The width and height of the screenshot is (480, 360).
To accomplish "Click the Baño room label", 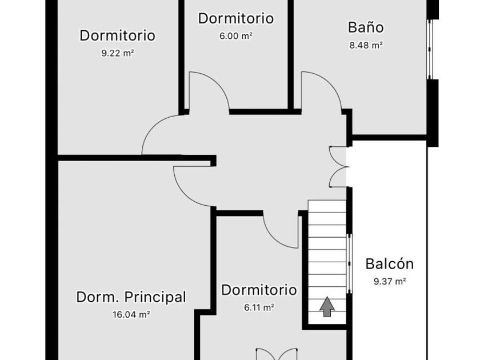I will coord(366,27).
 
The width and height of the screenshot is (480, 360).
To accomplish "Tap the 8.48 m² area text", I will coord(366,46).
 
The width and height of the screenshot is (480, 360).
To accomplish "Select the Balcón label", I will coord(389,264).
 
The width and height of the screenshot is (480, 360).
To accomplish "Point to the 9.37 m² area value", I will coord(390,281).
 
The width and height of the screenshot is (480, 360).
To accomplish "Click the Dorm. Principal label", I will coord(131,297).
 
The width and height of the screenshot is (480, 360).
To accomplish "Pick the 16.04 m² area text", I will coord(131,314).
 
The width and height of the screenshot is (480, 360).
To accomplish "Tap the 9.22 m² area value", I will coord(117,53).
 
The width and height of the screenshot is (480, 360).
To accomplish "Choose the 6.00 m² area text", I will coord(235,35).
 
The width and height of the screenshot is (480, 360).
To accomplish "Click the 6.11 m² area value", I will coord(259,307).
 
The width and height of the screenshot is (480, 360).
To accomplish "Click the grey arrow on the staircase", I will coord(327,307).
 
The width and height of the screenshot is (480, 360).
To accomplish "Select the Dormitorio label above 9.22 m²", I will coord(117,35).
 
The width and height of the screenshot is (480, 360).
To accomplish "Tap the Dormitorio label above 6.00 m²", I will coord(235,18).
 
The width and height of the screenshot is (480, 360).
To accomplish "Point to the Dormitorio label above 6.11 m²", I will coord(259,290).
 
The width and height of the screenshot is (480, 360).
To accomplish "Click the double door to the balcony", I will coord(339,167).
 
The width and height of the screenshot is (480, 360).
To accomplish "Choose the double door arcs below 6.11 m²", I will coord(277,353).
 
